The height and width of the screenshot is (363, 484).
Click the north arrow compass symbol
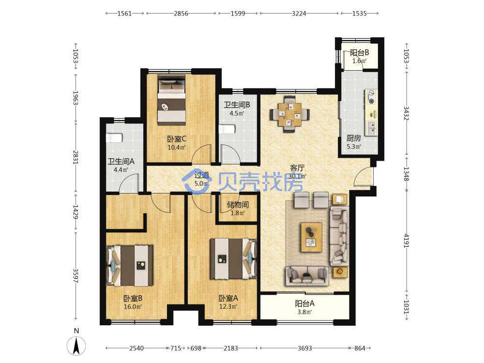(76, 346)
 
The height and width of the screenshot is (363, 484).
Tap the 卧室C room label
(177, 139)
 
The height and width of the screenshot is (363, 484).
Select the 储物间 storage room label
(238, 205)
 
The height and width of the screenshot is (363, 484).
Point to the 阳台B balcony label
(359, 53)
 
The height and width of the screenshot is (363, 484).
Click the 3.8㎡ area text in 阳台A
(304, 312)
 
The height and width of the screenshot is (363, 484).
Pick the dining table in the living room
(289, 115)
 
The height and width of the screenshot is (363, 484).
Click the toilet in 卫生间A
(114, 138)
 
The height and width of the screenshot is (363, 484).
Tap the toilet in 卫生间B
(227, 129)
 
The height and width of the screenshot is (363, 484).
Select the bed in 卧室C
(172, 100)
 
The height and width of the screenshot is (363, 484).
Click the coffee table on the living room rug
(311, 237)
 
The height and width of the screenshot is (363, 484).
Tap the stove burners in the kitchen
(371, 97)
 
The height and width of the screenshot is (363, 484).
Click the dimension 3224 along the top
(299, 14)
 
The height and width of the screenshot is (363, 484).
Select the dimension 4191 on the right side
(406, 241)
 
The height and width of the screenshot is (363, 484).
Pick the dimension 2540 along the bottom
(136, 348)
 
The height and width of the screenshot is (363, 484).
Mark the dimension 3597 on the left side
(76, 276)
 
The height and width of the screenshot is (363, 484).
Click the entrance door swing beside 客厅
(363, 176)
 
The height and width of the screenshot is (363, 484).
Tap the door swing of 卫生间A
(128, 183)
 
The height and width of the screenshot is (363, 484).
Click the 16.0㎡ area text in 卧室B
(133, 307)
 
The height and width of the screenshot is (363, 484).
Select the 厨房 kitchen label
(354, 138)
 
